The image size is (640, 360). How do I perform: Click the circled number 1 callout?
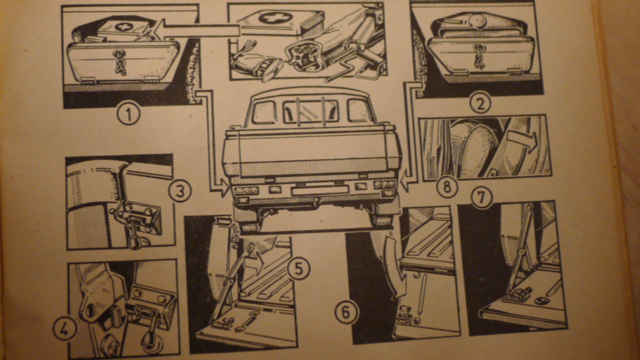pos(129,113)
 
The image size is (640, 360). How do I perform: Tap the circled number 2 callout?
pos(480,103)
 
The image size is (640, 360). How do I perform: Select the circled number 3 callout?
pos(180,191)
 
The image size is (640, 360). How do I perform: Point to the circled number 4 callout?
pos(65,329)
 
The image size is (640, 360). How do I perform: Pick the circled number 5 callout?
pos(298,269)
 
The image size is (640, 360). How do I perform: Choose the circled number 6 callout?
pos(346,313)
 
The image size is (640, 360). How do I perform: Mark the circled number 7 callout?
pos(482,198)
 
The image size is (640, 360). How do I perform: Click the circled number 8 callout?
pos(447,187)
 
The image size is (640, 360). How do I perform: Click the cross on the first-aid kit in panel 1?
pos(124,27)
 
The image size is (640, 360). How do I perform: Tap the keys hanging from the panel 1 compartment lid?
pos(119,62)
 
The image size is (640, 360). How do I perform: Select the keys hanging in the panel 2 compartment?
pos(478,56)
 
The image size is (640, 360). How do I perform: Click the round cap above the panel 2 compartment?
pos(478,20)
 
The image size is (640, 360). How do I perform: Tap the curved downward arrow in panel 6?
pos(393,266)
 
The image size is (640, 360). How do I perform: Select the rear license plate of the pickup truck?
pos(320,190)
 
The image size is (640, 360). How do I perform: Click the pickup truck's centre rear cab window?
pos(311,111)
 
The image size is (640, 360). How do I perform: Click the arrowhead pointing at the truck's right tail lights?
pos(404,183)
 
